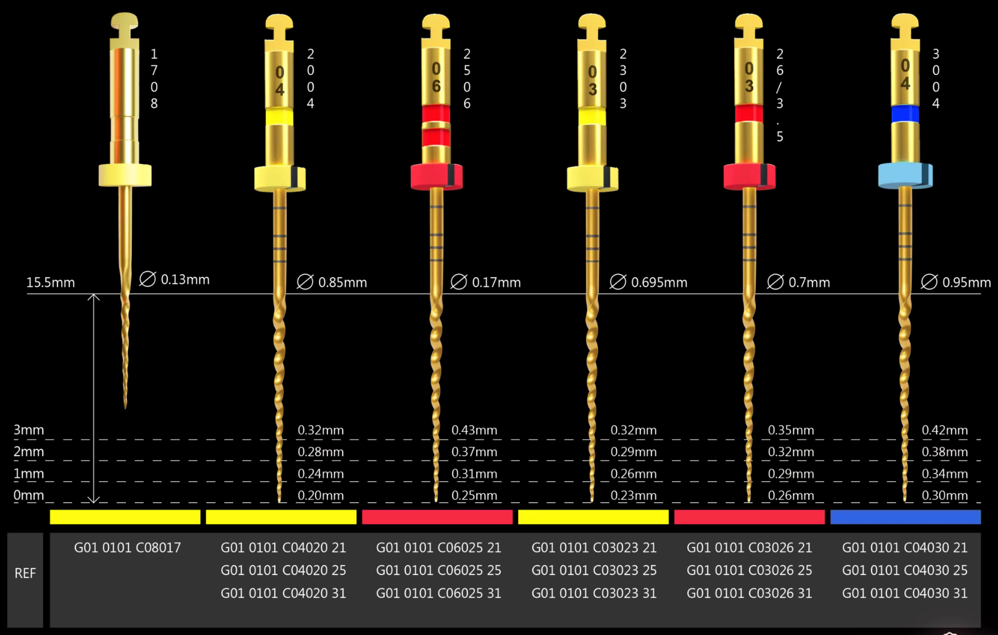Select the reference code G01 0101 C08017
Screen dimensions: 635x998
[127, 547]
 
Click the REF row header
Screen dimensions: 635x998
[25, 573]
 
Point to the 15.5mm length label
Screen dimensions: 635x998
[50, 282]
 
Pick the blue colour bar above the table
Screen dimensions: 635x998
[905, 517]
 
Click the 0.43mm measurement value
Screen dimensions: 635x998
[474, 430]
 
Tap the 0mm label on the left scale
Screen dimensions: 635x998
[29, 496]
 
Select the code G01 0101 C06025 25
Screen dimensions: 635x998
[438, 570]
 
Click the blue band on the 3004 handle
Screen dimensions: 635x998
[904, 113]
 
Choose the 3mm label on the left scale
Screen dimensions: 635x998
[29, 430]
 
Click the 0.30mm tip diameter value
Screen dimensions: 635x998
[944, 496]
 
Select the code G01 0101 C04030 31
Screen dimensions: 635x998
[904, 593]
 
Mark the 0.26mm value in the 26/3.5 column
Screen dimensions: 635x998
[790, 496]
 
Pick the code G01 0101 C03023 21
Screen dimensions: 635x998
[594, 547]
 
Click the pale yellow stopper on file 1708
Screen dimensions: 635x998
[125, 175]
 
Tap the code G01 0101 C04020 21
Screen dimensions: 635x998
[283, 547]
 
